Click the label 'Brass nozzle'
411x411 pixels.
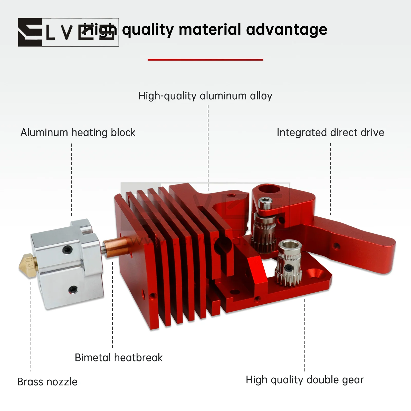47,382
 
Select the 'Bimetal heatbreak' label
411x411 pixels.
119,358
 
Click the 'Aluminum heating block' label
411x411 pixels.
78,132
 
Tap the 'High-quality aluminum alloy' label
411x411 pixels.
205,96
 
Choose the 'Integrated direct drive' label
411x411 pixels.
330,132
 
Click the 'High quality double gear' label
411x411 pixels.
304,380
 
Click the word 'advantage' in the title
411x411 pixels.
286,30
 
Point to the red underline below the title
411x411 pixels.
205,60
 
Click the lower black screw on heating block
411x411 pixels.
73,289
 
